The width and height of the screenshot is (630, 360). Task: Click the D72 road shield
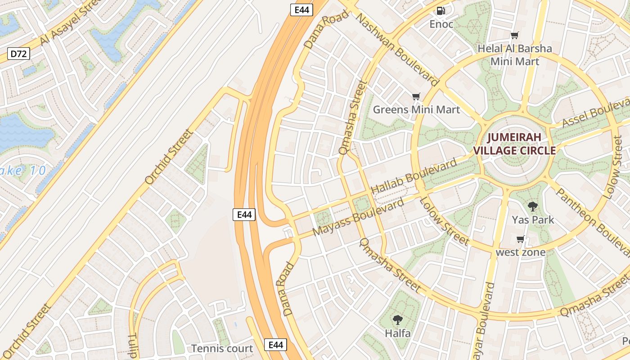(x=19, y=54)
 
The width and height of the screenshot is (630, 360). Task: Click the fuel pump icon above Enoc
(x=441, y=10)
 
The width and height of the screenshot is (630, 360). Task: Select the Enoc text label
(x=441, y=24)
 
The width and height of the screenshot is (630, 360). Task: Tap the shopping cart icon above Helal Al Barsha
(x=514, y=35)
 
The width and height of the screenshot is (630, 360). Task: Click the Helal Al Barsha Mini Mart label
(x=514, y=54)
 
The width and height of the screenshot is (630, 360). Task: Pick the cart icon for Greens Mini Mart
(x=416, y=96)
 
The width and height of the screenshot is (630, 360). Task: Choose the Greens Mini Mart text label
(x=416, y=109)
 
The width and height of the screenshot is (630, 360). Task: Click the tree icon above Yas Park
(x=533, y=207)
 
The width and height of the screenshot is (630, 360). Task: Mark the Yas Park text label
(x=533, y=220)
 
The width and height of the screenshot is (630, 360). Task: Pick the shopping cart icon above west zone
(x=521, y=239)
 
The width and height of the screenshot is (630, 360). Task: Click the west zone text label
(x=521, y=252)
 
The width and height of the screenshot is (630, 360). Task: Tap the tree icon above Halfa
(x=397, y=320)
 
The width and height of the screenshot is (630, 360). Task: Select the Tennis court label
(x=222, y=348)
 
